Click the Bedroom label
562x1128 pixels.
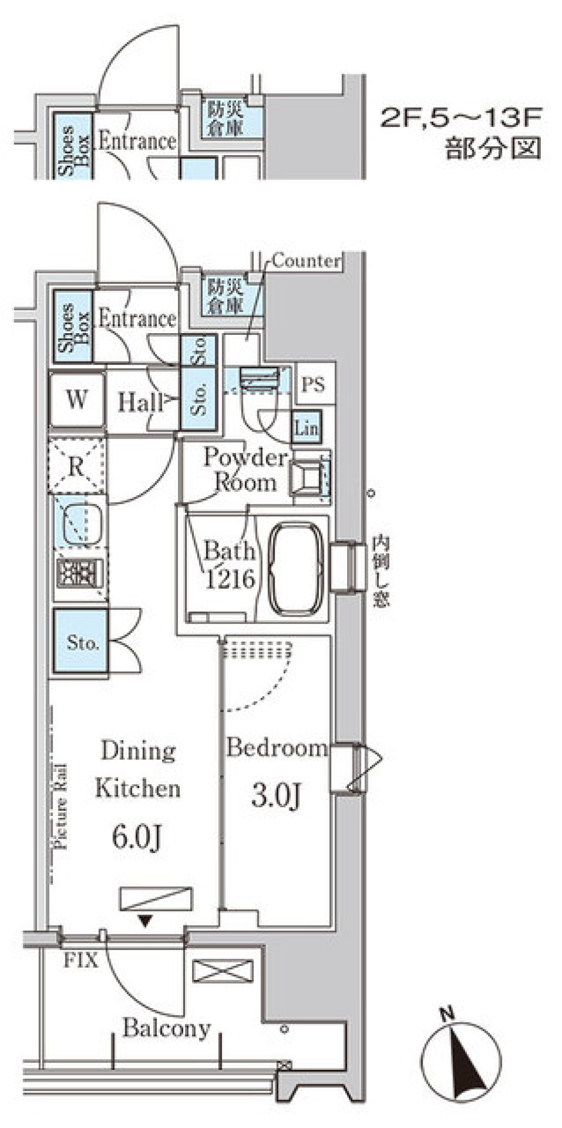(x=276, y=748)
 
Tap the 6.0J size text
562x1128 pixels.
(x=136, y=837)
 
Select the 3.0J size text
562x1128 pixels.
(x=276, y=795)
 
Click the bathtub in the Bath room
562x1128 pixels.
(x=296, y=566)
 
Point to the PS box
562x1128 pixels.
(x=314, y=384)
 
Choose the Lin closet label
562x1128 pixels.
(x=306, y=428)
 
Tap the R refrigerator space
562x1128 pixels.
(x=77, y=467)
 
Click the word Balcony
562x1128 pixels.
(x=166, y=1028)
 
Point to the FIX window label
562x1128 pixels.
(x=80, y=960)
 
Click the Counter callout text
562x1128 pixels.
(x=306, y=260)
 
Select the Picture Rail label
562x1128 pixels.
(x=60, y=807)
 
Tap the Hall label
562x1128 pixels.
(x=140, y=402)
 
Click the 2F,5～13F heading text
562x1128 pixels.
(x=461, y=119)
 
